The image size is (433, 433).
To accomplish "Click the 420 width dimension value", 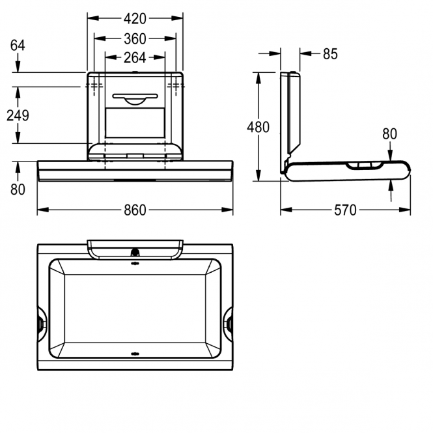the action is (135, 19).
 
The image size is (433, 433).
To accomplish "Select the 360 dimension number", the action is (135, 38).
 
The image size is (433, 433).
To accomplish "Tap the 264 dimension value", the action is (135, 58).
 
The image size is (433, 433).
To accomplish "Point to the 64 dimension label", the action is (18, 46).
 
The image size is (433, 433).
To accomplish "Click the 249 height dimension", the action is (18, 115).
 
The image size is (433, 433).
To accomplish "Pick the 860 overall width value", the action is (135, 210).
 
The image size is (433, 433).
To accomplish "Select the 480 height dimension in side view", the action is (258, 127).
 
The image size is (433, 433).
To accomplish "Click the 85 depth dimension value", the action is (330, 54).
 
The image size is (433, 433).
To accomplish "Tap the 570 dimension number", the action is (346, 210).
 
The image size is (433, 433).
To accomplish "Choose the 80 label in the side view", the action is (389, 134).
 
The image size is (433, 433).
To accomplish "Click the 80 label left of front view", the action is (18, 189).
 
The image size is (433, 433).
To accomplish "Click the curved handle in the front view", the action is (135, 99).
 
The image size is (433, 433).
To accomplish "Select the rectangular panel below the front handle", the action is (135, 122).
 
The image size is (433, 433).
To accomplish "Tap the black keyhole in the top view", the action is (135, 252).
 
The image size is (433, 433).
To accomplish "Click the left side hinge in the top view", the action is (42, 324).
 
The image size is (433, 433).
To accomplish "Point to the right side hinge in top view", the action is (228, 324).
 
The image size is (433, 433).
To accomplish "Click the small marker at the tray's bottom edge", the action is (135, 354).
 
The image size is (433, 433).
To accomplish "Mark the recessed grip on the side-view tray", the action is (365, 165).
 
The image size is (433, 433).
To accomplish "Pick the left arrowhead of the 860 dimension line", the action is (43, 210).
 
